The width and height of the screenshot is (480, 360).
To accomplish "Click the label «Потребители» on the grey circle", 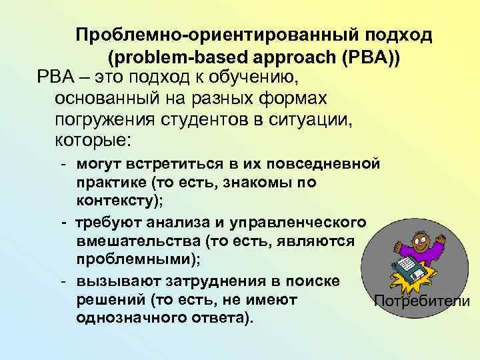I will tap(423, 301).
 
